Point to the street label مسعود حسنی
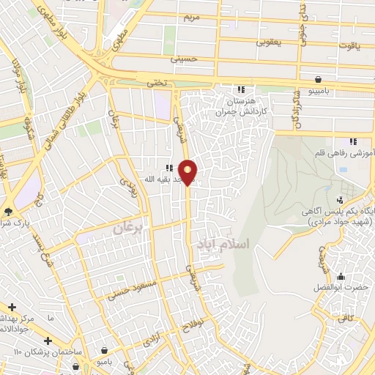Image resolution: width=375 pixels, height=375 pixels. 132,289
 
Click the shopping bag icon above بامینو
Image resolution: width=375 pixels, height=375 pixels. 319,78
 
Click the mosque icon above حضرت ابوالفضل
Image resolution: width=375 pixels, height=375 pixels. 340,277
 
